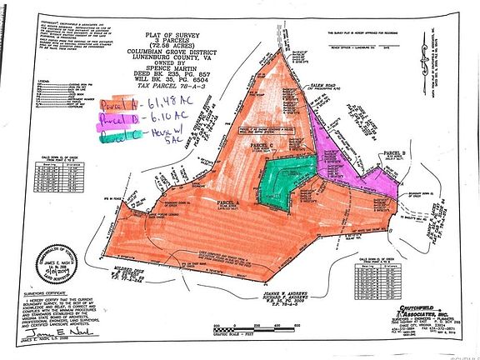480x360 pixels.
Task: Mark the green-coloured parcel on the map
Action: click(278, 181)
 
